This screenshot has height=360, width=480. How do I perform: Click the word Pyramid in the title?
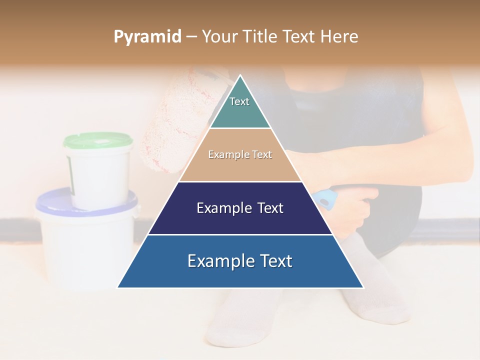(147, 37)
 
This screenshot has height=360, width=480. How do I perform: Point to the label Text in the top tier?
(239, 101)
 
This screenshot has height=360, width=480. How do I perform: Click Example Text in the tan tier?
(240, 154)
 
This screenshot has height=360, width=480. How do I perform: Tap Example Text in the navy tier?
(240, 208)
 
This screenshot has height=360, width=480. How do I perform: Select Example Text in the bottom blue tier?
(240, 261)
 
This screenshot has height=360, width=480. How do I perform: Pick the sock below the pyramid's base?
(240, 315)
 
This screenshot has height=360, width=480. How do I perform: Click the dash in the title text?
(191, 37)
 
